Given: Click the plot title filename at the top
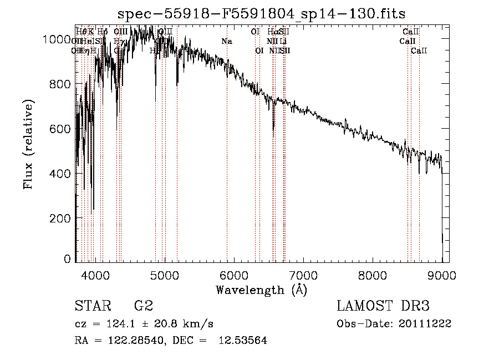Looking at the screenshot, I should click(262, 14).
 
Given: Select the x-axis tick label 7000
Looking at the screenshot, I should click(303, 275).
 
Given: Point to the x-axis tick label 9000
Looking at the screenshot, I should click(442, 275).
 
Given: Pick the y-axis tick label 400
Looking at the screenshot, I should click(62, 174).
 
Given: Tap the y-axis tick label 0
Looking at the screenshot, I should click(68, 258).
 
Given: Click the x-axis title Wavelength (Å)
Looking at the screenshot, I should click(261, 290).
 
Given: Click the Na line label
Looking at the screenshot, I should click(226, 42).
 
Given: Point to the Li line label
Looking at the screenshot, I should click(283, 42).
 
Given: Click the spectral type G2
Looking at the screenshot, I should click(143, 306).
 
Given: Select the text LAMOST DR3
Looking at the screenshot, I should click(383, 306).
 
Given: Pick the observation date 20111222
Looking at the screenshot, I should click(427, 324).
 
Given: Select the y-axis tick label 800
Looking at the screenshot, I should click(62, 84).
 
